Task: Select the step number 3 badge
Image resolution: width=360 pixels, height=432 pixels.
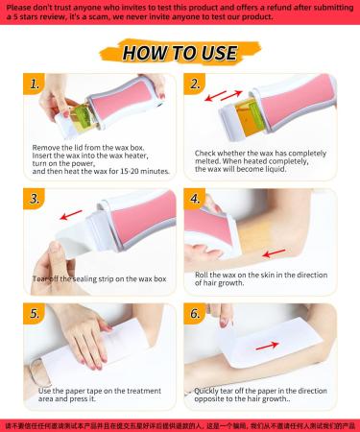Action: click(x=36, y=200)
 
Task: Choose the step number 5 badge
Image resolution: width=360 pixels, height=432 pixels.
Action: click(x=36, y=314)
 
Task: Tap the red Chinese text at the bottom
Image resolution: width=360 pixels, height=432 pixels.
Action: click(x=180, y=423)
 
